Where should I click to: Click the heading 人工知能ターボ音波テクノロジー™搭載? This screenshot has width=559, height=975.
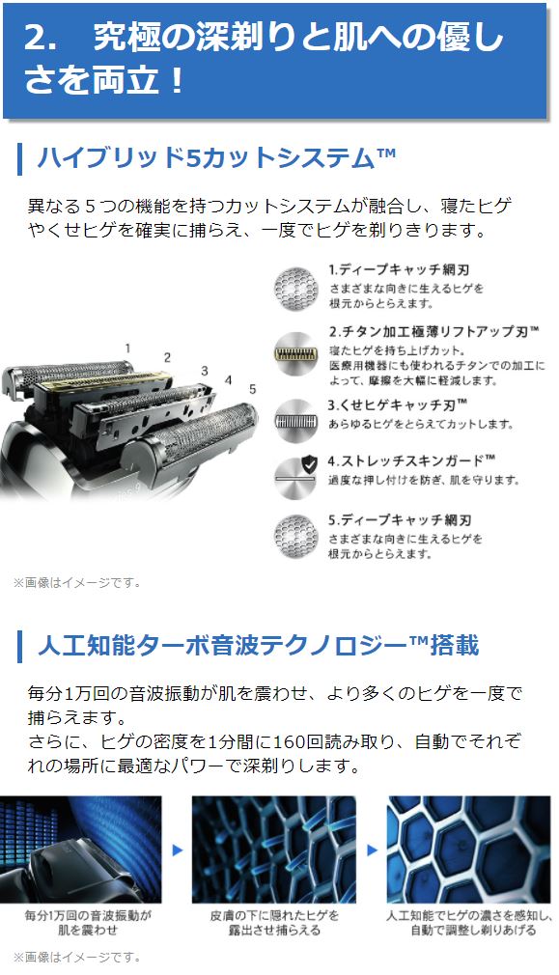[x=257, y=644]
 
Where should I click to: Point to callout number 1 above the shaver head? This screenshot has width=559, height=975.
[x=126, y=347]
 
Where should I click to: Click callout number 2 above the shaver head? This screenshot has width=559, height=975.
[x=167, y=356]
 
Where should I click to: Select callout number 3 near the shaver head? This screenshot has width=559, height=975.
[x=204, y=370]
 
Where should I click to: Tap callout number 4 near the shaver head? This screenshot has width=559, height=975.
[x=228, y=379]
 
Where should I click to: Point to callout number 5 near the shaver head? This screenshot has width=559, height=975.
[x=252, y=388]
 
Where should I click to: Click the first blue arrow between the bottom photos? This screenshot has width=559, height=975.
[x=177, y=850]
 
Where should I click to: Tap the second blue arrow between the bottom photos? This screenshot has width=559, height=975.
[x=371, y=850]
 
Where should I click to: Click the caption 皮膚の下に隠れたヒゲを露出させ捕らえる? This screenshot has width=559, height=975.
[x=273, y=922]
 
